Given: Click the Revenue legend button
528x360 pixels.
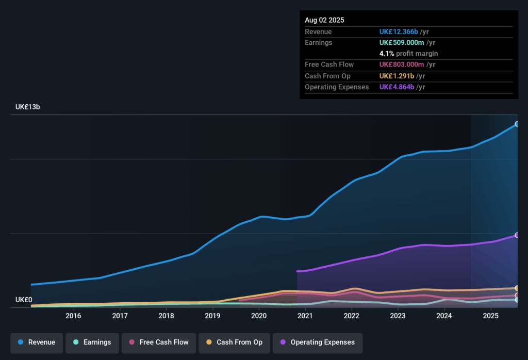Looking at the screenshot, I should tap(37, 342).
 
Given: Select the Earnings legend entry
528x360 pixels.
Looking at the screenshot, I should tap(92, 342).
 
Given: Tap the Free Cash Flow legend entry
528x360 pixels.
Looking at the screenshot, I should tap(158, 342).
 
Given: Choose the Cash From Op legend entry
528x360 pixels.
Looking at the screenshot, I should tap(234, 342).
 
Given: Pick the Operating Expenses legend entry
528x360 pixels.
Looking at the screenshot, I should tap(317, 342).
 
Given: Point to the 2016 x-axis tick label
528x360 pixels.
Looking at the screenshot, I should tap(74, 316).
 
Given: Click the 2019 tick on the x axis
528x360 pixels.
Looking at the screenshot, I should tap(212, 316).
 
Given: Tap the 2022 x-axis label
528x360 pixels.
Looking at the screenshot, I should tap(352, 316).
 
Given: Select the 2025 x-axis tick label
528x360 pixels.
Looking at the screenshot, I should tap(490, 316).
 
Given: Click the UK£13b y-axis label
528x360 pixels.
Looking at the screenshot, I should tap(28, 107).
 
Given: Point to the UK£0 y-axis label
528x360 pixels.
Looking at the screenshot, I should tap(24, 300).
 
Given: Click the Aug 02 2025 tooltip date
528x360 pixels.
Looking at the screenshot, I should tap(324, 20).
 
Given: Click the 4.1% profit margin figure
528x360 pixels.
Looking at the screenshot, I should tap(386, 54).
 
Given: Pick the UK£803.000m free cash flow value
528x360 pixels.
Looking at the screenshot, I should tap(402, 64).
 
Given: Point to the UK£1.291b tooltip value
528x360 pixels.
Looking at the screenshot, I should tap(397, 76).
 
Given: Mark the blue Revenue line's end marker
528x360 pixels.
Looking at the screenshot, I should tap(516, 124).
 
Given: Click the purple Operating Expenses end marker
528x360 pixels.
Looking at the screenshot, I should tap(516, 235).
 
